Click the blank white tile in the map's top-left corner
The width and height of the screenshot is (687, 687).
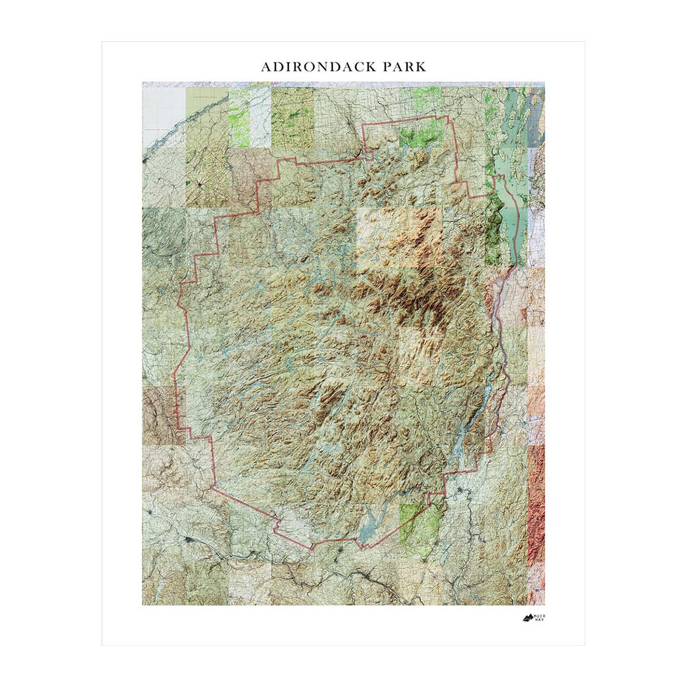pos(164,109)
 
